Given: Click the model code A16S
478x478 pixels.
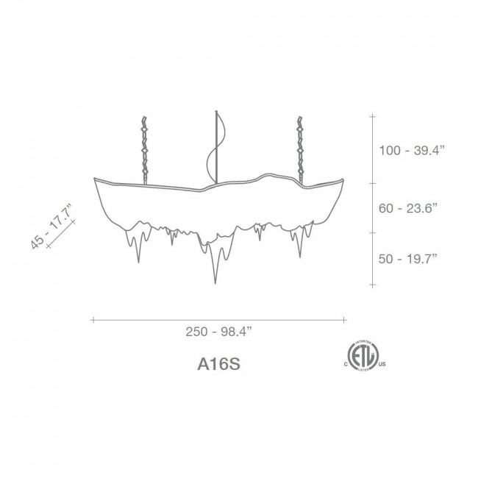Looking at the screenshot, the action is coord(218,363).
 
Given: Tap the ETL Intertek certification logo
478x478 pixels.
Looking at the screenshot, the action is coord(363,356).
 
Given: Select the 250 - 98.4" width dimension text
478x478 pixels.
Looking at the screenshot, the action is coord(219,332).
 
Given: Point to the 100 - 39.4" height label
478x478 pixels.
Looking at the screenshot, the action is coord(412,150).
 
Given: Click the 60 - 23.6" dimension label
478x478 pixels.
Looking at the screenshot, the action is coord(407,208).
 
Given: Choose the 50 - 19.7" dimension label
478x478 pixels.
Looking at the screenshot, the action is coord(407,259).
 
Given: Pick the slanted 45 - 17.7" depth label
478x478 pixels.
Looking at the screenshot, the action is coord(51,226).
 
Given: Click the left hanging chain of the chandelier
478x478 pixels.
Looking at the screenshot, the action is coord(144,150).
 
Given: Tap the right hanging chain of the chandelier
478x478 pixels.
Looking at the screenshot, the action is coord(301,150).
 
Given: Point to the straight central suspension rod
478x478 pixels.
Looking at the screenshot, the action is coord(216,147).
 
